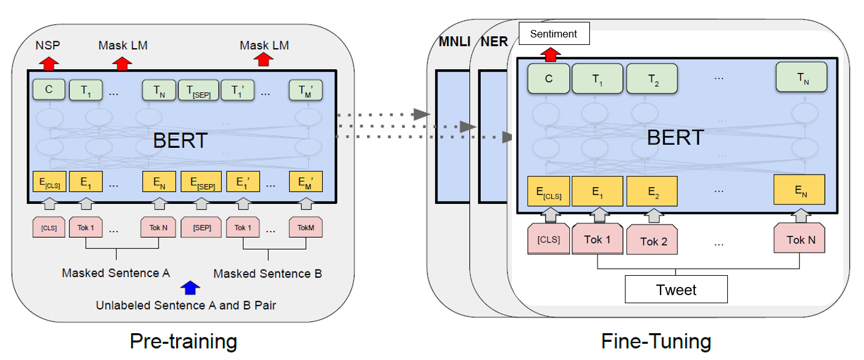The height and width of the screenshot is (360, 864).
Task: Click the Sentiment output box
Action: [554, 34]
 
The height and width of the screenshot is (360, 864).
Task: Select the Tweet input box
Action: [676, 289]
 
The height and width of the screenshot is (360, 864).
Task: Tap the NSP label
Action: [48, 45]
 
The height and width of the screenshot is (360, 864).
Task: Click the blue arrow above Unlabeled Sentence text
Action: [190, 288]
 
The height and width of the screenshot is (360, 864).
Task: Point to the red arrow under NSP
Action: [49, 64]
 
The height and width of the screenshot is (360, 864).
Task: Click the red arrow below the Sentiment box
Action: [551, 54]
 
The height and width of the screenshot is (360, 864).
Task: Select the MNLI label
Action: [454, 41]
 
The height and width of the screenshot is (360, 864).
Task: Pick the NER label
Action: [494, 41]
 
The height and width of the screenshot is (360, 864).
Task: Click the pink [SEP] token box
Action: [202, 227]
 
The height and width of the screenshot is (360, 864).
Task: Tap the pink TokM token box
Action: [306, 227]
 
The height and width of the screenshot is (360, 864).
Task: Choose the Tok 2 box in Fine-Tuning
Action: [652, 240]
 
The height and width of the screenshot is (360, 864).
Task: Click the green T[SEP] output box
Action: [199, 90]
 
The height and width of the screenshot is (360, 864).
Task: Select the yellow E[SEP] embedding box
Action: [202, 182]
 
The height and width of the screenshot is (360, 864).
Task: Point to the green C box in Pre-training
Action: [49, 89]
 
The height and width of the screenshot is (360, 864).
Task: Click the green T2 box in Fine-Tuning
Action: [652, 79]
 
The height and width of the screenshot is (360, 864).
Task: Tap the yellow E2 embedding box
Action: [652, 191]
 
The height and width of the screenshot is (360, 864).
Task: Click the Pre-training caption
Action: [183, 341]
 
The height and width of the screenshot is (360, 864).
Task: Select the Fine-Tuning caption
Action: [656, 341]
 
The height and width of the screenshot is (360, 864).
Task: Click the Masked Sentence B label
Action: [268, 274]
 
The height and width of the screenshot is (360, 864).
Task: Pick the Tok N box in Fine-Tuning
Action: [800, 238]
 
